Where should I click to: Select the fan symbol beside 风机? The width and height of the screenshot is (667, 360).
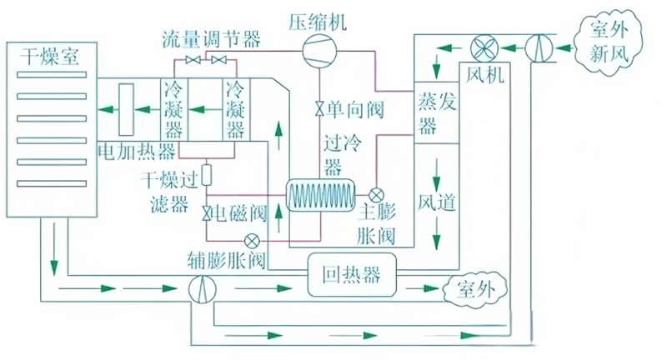click(x=483, y=46)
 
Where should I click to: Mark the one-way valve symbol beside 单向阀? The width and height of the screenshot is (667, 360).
click(x=319, y=109)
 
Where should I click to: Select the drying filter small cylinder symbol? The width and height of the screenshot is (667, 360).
click(x=206, y=175)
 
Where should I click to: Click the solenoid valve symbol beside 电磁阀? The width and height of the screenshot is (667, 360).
click(x=206, y=213)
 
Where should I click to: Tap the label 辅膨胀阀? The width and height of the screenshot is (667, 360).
click(x=228, y=261)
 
